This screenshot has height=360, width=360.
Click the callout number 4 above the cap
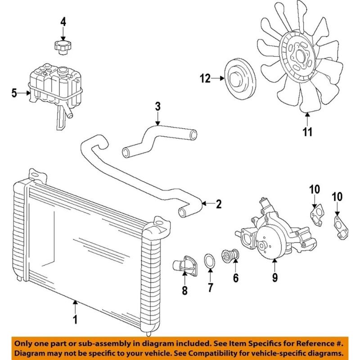click(63, 21)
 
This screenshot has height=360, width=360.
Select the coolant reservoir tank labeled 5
click(54, 88)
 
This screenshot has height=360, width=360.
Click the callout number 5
click(14, 93)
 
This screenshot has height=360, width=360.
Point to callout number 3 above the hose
click(157, 107)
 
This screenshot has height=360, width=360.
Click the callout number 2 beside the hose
click(219, 204)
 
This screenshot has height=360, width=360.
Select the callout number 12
click(205, 79)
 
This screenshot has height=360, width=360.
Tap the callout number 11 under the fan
click(307, 132)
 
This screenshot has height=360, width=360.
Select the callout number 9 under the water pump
click(275, 279)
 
